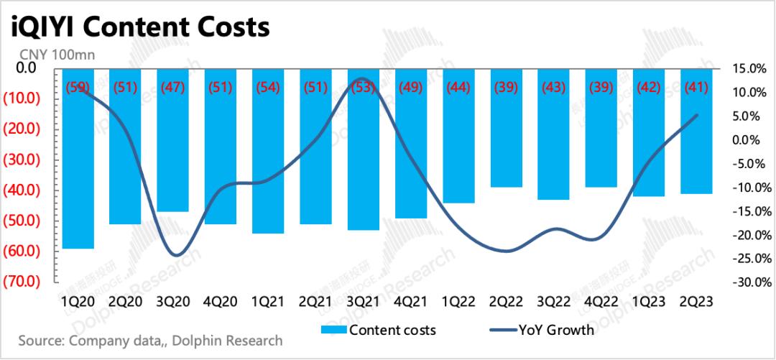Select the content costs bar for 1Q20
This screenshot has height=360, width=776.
(78, 158)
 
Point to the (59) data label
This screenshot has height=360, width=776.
(78, 88)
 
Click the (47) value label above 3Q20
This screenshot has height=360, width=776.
(173, 88)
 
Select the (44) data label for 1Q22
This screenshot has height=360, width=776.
(458, 88)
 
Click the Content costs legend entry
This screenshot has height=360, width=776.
(392, 330)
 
